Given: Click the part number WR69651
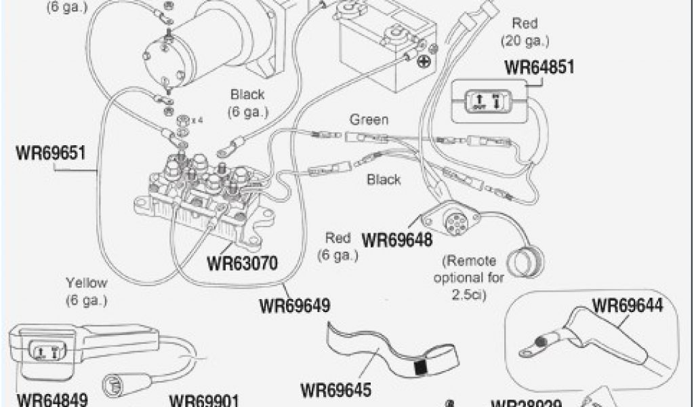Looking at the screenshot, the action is click(50, 152).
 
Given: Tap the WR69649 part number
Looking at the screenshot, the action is click(294, 305).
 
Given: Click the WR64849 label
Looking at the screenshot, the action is click(52, 400).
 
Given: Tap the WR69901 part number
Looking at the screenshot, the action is click(203, 400).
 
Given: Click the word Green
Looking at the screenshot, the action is click(369, 120).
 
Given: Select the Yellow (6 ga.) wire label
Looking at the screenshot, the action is click(87, 290).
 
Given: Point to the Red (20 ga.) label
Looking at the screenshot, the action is click(525, 32).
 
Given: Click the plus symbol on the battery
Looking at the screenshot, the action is click(424, 62).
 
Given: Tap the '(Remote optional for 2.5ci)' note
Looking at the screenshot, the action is click(469, 277).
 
